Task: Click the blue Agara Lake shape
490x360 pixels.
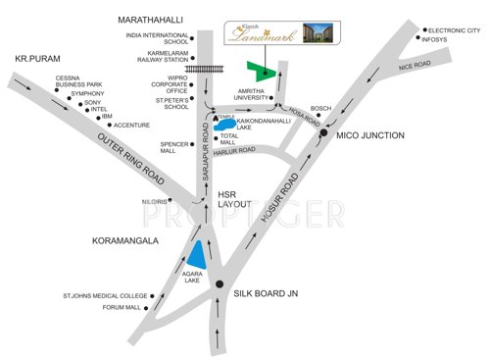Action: [x=198, y=256]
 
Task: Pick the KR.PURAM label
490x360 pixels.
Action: [x=37, y=60]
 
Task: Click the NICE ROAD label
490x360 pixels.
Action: [x=415, y=65]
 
